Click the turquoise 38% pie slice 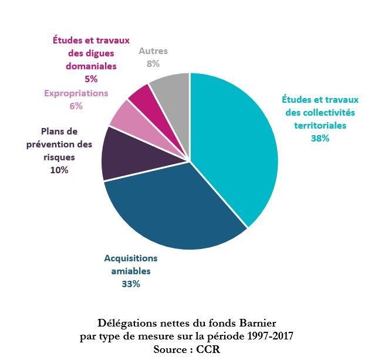[x=235, y=141]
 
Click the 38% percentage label [x=320, y=139]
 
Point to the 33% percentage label [x=131, y=284]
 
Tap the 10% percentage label [x=59, y=170]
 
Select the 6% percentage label [x=76, y=106]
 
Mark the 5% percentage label [x=91, y=79]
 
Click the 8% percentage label [x=153, y=64]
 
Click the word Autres [x=153, y=51]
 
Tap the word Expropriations [x=76, y=93]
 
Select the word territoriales [x=320, y=125]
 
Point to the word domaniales [x=91, y=66]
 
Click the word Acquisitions [x=131, y=258]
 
